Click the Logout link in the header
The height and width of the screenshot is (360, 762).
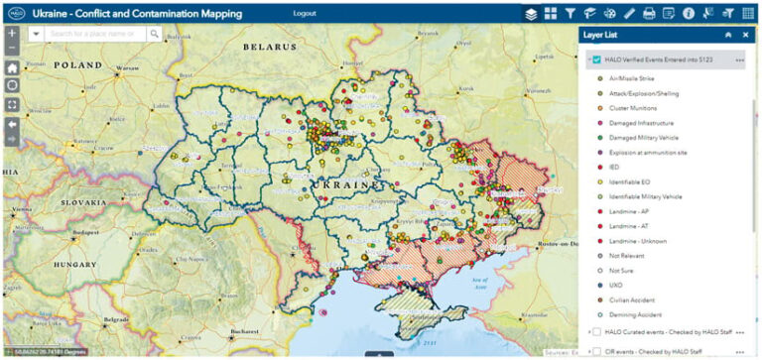[305, 14]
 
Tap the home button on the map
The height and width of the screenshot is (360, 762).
[12, 68]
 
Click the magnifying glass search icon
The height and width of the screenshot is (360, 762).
[155, 33]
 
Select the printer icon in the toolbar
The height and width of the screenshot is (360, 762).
[649, 14]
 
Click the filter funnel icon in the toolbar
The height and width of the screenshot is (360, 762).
[570, 14]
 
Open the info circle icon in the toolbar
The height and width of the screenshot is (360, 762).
[689, 14]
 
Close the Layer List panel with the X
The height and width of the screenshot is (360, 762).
[745, 34]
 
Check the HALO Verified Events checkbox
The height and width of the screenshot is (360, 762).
[595, 60]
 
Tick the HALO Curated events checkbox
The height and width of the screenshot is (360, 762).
[596, 331]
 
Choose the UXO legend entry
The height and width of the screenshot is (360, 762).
[616, 286]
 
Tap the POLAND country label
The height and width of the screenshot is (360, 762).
[78, 63]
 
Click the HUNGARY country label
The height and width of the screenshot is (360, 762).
[73, 265]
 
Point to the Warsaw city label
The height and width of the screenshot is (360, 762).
[127, 68]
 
